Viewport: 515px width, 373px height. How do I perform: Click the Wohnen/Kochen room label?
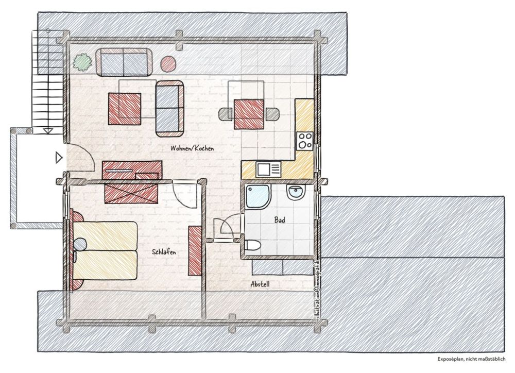pyautogui.click(x=192, y=148)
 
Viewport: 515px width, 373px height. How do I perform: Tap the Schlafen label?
pyautogui.click(x=164, y=252)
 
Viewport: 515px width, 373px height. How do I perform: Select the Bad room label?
pyautogui.click(x=280, y=220)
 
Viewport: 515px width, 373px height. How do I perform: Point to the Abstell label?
pyautogui.click(x=260, y=284)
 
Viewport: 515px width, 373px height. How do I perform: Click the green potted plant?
pyautogui.click(x=82, y=62)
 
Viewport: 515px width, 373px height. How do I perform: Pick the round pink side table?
pyautogui.click(x=168, y=64)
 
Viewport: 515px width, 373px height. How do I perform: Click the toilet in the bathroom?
pyautogui.click(x=252, y=245)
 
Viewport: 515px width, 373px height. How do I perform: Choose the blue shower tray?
pyautogui.click(x=258, y=196)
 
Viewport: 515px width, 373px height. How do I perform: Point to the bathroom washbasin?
pyautogui.click(x=296, y=192)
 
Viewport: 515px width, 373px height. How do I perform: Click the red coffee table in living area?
pyautogui.click(x=125, y=109)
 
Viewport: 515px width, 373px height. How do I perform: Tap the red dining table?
pyautogui.click(x=249, y=114)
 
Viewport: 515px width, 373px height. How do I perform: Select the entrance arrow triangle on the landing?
pyautogui.click(x=59, y=158)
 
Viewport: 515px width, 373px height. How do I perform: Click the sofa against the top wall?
pyautogui.click(x=124, y=62)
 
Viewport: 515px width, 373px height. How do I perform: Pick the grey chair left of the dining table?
pyautogui.click(x=227, y=114)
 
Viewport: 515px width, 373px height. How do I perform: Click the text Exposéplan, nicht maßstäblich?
pyautogui.click(x=471, y=360)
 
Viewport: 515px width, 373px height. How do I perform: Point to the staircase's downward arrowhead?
pyautogui.click(x=48, y=131)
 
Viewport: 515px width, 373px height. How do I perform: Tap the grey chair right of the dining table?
pyautogui.click(x=272, y=114)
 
